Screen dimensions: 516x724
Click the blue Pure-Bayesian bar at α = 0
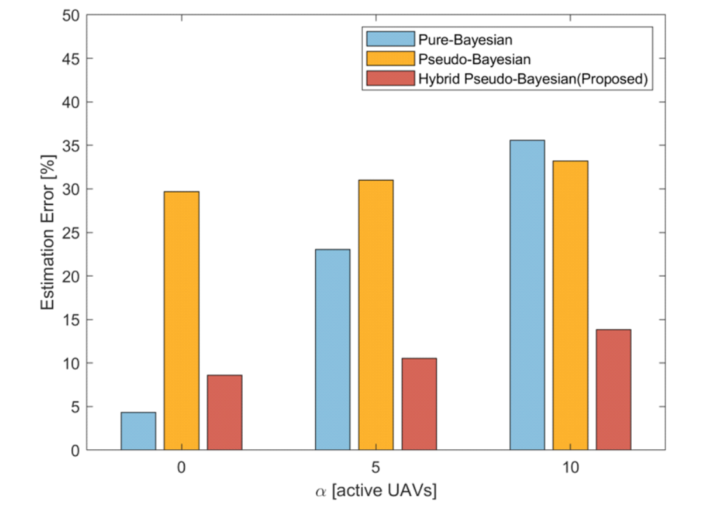(x=138, y=431)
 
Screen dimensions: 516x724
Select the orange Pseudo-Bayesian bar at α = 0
(x=181, y=321)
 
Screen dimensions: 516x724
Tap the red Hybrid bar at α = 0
(x=224, y=412)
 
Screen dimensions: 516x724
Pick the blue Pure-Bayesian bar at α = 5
(x=332, y=349)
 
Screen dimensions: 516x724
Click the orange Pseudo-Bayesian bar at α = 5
(x=376, y=315)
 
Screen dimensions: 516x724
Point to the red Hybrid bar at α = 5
(x=419, y=404)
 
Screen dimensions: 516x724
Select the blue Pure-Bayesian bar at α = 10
(x=527, y=295)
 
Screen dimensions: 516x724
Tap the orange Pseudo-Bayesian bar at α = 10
(x=570, y=305)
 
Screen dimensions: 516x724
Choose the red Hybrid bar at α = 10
(x=613, y=389)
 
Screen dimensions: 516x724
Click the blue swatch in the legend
(x=390, y=39)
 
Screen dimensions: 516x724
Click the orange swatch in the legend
(x=390, y=59)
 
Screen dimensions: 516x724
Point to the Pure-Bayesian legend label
(x=465, y=39)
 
